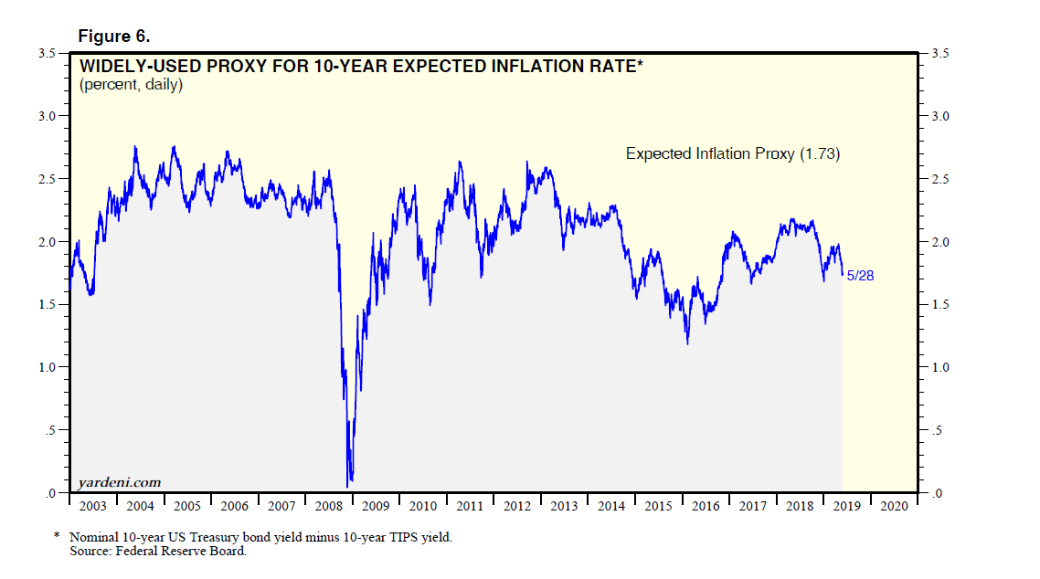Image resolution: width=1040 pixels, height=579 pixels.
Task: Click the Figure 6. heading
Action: click(x=114, y=37)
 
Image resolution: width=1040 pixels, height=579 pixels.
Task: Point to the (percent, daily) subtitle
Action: click(x=132, y=85)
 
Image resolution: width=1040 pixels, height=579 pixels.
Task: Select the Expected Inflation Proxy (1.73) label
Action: click(x=732, y=154)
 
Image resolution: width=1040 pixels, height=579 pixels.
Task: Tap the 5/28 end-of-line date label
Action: click(x=860, y=275)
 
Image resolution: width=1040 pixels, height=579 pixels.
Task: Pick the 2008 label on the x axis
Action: click(x=328, y=506)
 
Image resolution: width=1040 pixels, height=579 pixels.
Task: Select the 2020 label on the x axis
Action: click(x=893, y=506)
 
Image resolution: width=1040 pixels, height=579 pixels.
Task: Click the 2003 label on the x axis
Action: click(x=92, y=506)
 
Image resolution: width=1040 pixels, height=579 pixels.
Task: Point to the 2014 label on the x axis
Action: click(x=610, y=506)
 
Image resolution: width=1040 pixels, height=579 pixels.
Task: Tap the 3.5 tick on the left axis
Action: click(x=47, y=54)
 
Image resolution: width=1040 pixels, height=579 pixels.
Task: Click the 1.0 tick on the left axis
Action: click(x=47, y=367)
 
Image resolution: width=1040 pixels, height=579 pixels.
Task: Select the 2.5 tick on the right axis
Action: click(x=940, y=179)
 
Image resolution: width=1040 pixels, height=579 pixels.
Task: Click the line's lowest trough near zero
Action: click(x=348, y=485)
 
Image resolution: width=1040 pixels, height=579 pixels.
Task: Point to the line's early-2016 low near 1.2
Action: click(x=686, y=342)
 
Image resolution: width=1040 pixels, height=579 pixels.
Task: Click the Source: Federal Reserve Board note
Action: click(x=158, y=551)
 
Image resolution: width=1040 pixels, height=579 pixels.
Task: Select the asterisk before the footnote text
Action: click(x=57, y=537)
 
